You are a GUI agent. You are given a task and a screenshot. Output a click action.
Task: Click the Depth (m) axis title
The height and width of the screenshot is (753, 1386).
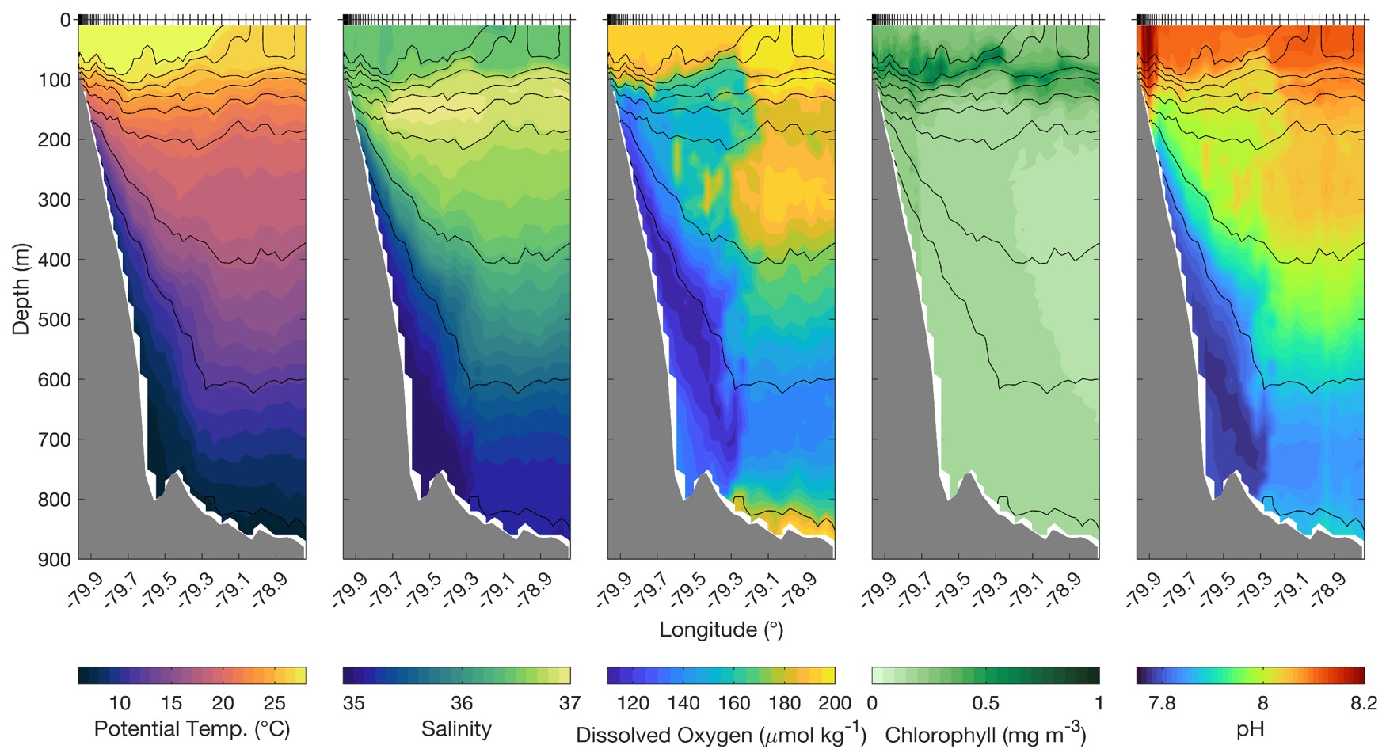tap(21, 288)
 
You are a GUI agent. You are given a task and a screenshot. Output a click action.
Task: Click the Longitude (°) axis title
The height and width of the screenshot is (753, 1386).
tap(721, 630)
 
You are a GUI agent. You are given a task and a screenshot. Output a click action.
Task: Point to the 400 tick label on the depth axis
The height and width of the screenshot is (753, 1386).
tap(54, 260)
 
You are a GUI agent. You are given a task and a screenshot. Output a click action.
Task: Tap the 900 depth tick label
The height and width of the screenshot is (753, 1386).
tap(54, 560)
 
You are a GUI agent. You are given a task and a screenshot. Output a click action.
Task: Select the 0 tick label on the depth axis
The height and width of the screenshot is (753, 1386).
tap(65, 20)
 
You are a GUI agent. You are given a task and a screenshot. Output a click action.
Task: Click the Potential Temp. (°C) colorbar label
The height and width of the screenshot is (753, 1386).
tap(192, 728)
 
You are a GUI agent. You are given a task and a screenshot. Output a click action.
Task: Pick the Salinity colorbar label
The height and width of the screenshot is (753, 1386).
tap(456, 728)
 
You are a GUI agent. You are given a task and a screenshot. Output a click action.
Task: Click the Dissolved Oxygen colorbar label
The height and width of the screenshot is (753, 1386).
tap(721, 733)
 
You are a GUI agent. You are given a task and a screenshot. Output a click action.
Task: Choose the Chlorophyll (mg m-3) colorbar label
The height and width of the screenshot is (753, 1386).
tap(985, 733)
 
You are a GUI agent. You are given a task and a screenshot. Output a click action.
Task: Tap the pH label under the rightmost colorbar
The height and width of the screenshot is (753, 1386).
tap(1251, 729)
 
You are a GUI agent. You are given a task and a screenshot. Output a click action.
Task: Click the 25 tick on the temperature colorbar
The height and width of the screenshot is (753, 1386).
tap(274, 702)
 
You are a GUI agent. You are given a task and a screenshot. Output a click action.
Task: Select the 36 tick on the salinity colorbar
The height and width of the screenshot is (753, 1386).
tap(462, 702)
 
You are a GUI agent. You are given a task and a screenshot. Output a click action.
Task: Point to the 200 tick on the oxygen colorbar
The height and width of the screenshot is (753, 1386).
tap(835, 702)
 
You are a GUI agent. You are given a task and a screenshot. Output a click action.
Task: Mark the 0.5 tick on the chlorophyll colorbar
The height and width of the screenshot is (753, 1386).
tap(985, 702)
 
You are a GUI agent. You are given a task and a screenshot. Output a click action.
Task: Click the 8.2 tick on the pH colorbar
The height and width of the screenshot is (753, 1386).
tap(1363, 702)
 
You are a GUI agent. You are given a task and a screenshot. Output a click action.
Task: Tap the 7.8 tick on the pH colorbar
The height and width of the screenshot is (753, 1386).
tap(1162, 702)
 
